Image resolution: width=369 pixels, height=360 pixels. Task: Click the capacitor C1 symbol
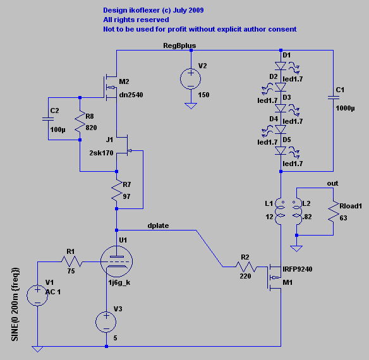click(x=332, y=97)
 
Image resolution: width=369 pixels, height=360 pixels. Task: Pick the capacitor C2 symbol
click(x=48, y=118)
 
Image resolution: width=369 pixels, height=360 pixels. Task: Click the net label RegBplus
click(x=179, y=46)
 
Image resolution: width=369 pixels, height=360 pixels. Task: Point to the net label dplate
click(x=158, y=225)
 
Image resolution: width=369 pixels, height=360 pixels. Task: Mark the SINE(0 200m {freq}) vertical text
click(x=15, y=303)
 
